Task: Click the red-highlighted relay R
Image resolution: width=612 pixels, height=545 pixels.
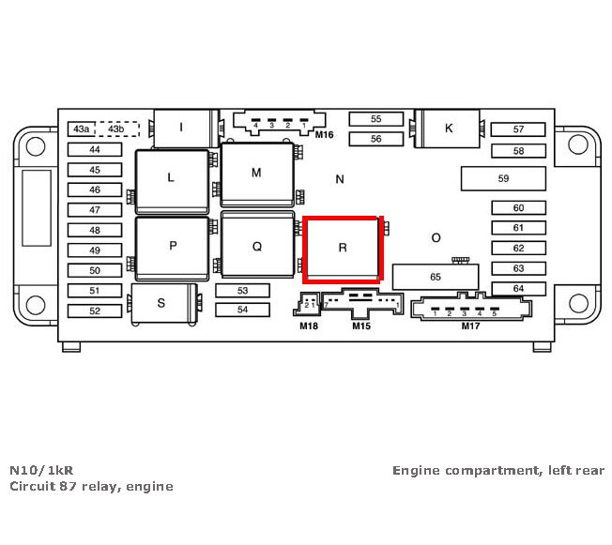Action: [x=343, y=249]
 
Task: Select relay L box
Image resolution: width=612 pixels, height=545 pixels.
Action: [x=171, y=178]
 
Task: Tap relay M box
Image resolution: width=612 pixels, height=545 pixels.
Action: [x=256, y=174]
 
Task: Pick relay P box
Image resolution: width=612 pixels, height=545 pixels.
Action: [x=173, y=247]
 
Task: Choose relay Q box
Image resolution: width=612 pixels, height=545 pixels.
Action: [x=256, y=247]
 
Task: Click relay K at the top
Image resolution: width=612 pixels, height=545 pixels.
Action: [x=449, y=129]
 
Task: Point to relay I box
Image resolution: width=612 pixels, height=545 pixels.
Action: [x=181, y=128]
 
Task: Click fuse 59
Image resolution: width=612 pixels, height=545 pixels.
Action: [x=503, y=178]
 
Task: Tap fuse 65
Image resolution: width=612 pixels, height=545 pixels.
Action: [x=435, y=277]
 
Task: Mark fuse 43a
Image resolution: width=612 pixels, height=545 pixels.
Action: [x=82, y=129]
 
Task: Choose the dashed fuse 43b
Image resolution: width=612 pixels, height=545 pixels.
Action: [x=115, y=129]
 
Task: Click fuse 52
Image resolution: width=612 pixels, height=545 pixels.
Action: [x=94, y=310]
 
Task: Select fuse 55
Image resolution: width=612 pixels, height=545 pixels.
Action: [x=375, y=119]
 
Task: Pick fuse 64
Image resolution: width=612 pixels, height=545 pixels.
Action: [x=518, y=289]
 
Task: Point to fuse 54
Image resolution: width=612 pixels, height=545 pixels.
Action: [x=242, y=310]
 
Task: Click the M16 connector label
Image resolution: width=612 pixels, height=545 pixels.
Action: [x=325, y=135]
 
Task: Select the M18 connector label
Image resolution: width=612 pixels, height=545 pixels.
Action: [x=309, y=326]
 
